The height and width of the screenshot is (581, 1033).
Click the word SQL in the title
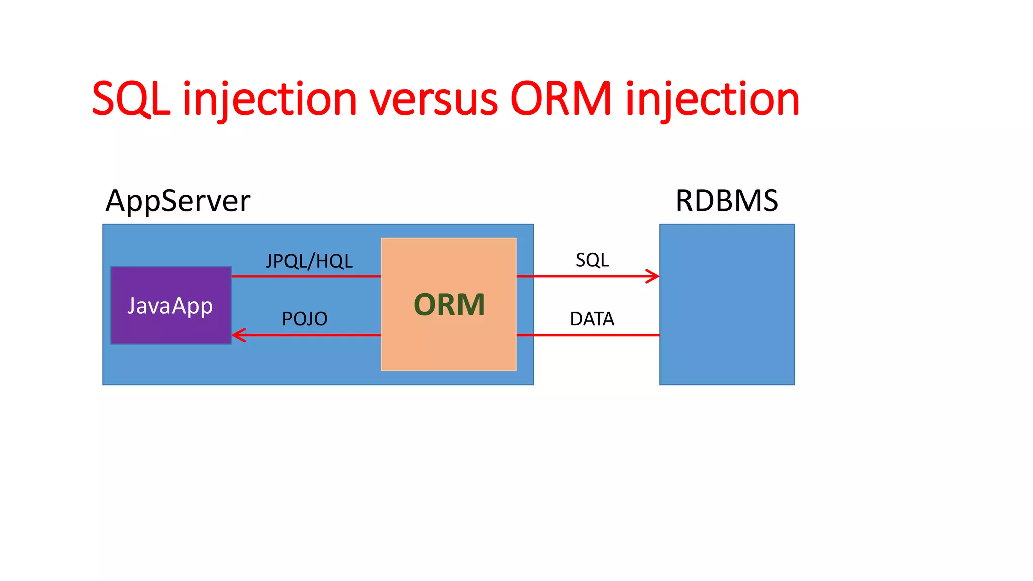pyautogui.click(x=131, y=99)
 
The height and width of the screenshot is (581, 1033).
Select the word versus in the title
pyautogui.click(x=434, y=99)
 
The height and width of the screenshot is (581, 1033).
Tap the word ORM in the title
pyautogui.click(x=561, y=99)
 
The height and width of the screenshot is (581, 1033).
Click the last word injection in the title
pyautogui.click(x=713, y=99)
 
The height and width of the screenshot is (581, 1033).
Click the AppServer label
pyautogui.click(x=178, y=201)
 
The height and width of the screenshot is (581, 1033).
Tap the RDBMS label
pyautogui.click(x=726, y=201)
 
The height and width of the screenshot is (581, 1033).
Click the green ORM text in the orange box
pyautogui.click(x=449, y=305)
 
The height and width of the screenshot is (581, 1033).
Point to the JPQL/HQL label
pyautogui.click(x=309, y=261)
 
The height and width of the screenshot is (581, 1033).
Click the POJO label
pyautogui.click(x=305, y=319)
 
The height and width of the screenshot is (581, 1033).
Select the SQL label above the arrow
pyautogui.click(x=592, y=260)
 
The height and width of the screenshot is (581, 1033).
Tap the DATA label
pyautogui.click(x=592, y=319)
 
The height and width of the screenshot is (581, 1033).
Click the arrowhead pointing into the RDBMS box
pyautogui.click(x=654, y=276)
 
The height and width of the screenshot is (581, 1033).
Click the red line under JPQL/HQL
pyautogui.click(x=306, y=276)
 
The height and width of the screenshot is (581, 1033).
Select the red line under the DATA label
pyautogui.click(x=588, y=335)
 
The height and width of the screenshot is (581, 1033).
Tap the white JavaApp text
pyautogui.click(x=170, y=306)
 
